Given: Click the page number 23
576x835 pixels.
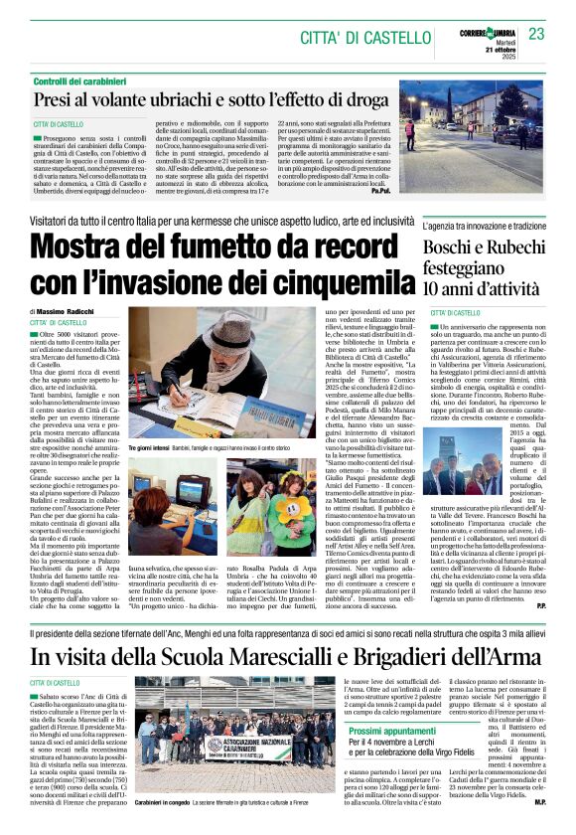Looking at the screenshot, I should tap(537, 34).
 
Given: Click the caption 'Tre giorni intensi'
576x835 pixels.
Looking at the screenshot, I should tap(150, 449).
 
